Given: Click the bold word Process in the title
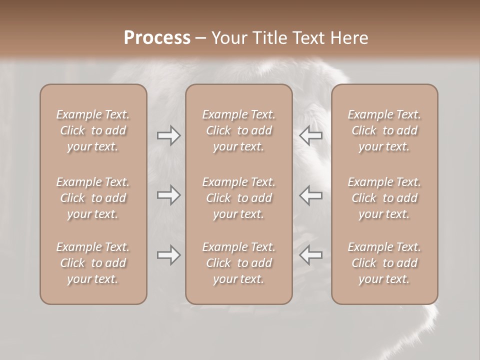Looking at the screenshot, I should [x=157, y=38].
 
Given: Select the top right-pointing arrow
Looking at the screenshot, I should [x=168, y=135].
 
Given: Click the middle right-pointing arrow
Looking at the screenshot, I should [x=168, y=195].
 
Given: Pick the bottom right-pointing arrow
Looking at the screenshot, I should [x=168, y=255].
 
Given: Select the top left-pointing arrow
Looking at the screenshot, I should [x=311, y=135].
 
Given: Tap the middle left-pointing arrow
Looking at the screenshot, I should [x=311, y=195].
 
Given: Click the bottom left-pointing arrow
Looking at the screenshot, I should [x=311, y=255].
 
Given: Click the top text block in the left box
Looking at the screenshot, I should [x=93, y=130].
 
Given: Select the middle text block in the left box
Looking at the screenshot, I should [x=93, y=198].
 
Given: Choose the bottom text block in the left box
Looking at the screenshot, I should [x=93, y=263].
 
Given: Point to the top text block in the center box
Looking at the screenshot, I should [x=239, y=130].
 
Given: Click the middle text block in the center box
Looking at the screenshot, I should [x=239, y=198].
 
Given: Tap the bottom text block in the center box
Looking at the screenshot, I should [x=239, y=263].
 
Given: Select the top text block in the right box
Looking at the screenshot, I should [x=384, y=130].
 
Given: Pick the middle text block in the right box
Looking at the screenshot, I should [x=384, y=198].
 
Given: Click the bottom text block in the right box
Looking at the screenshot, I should [x=384, y=263].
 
